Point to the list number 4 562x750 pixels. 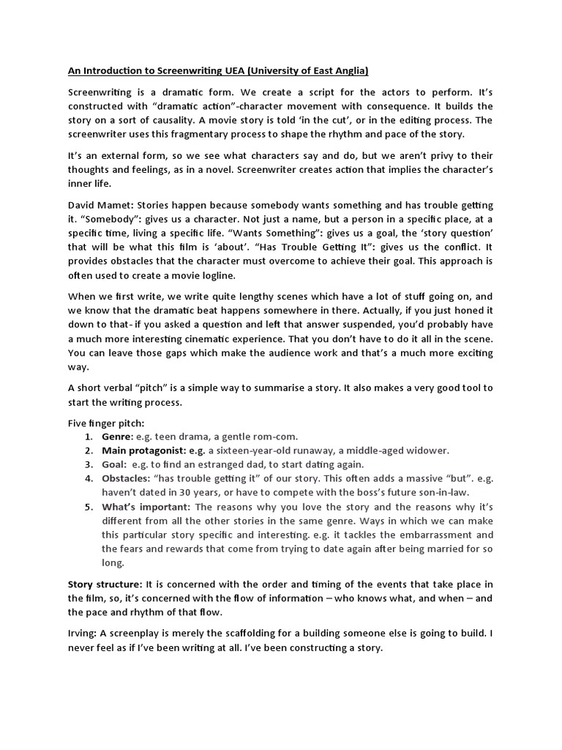click(87, 478)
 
